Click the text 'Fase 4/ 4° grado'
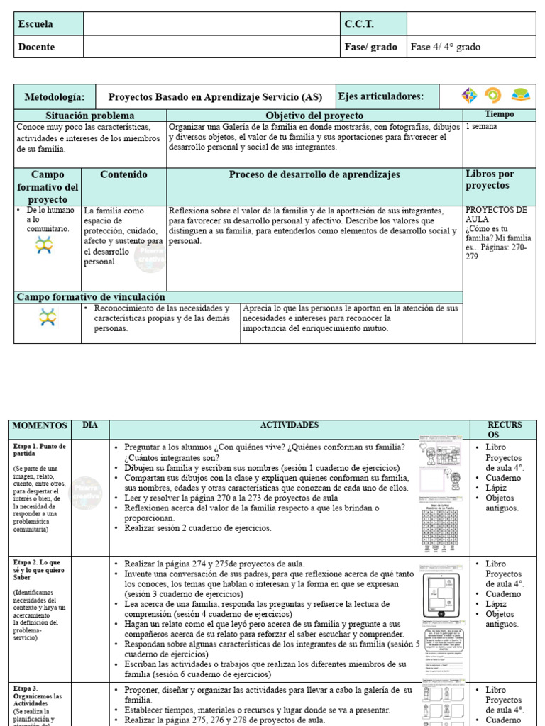[446, 47]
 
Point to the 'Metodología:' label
[54, 96]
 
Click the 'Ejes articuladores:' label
[381, 96]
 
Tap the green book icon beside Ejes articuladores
[521, 96]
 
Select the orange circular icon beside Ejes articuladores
[492, 96]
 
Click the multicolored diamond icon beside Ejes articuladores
[469, 96]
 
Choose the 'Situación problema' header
[90, 115]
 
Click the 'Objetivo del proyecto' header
[314, 115]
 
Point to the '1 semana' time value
[481, 126]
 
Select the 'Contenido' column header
[123, 174]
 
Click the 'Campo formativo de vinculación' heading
[91, 297]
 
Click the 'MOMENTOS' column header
[40, 425]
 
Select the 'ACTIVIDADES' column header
[290, 425]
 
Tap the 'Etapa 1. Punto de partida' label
[40, 450]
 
